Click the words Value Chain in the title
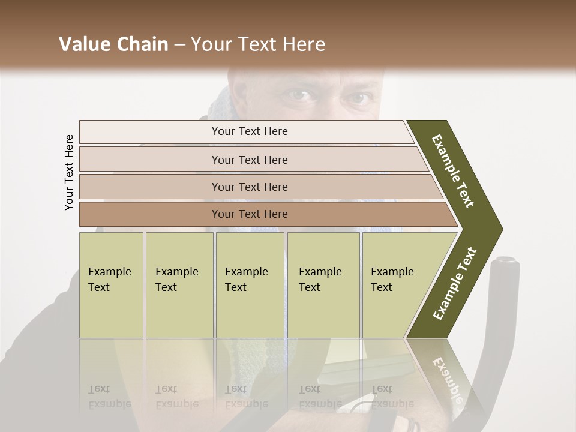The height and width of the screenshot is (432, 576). [x=113, y=44]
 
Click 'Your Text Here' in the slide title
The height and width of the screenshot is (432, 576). [x=258, y=44]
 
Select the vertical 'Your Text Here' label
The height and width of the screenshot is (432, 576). [x=69, y=172]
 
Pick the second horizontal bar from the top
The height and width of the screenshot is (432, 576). [x=250, y=160]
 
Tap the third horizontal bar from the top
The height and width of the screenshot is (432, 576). [x=250, y=187]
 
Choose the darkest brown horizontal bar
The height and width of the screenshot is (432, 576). [x=250, y=214]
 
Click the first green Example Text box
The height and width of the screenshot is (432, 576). [x=111, y=284]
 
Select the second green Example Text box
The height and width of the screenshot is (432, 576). [x=179, y=284]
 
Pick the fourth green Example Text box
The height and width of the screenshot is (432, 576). [x=323, y=284]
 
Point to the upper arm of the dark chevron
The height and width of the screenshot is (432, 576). [x=453, y=171]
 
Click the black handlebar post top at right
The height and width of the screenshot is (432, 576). [x=505, y=262]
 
